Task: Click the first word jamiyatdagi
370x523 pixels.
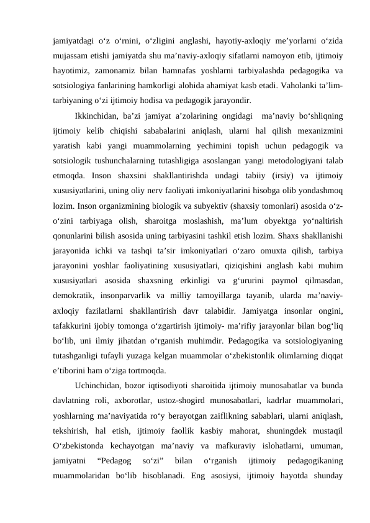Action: pos(73,41)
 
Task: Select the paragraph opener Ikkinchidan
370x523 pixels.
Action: pos(95,116)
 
